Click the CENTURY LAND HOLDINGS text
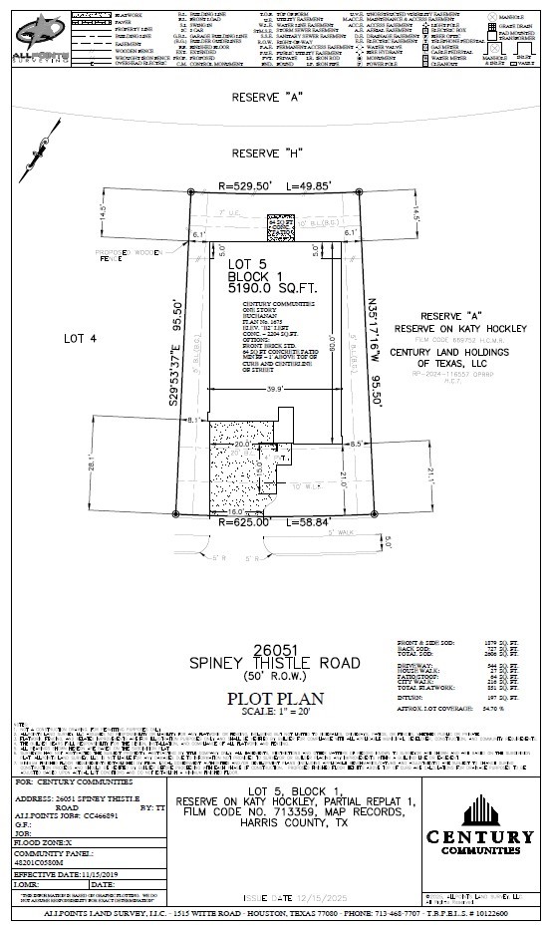click(x=449, y=352)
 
